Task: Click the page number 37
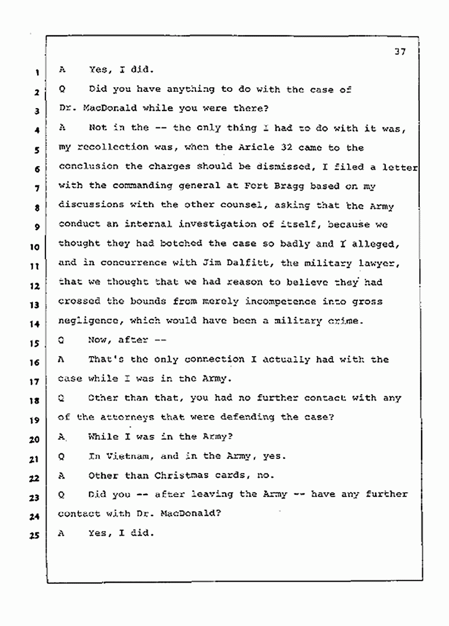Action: coord(400,52)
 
